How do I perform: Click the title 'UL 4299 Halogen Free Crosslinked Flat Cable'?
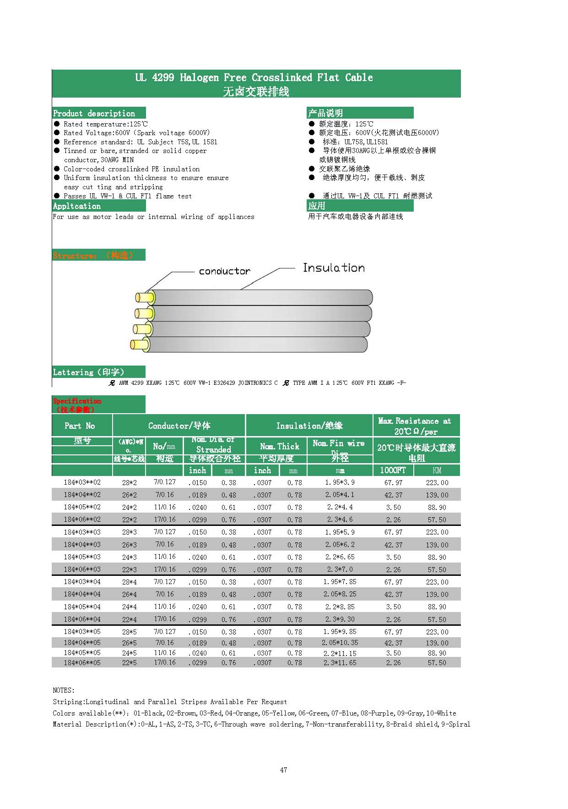(x=254, y=77)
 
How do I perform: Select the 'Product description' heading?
(x=94, y=113)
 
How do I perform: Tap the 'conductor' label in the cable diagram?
(x=224, y=271)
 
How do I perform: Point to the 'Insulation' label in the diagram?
(x=334, y=268)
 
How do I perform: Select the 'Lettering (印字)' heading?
(x=88, y=372)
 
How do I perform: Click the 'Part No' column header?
(x=80, y=426)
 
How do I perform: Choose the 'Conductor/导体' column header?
(x=179, y=426)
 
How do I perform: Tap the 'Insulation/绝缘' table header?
(x=309, y=426)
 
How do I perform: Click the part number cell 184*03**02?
(x=82, y=482)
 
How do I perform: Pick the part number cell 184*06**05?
(x=82, y=662)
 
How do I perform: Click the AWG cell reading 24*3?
(x=129, y=557)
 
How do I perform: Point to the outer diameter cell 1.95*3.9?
(x=340, y=482)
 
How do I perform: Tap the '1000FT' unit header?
(x=393, y=470)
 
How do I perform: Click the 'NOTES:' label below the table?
(x=64, y=690)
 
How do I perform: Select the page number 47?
(x=284, y=770)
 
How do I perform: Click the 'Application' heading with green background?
(x=77, y=206)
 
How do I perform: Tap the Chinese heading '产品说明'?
(x=325, y=113)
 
